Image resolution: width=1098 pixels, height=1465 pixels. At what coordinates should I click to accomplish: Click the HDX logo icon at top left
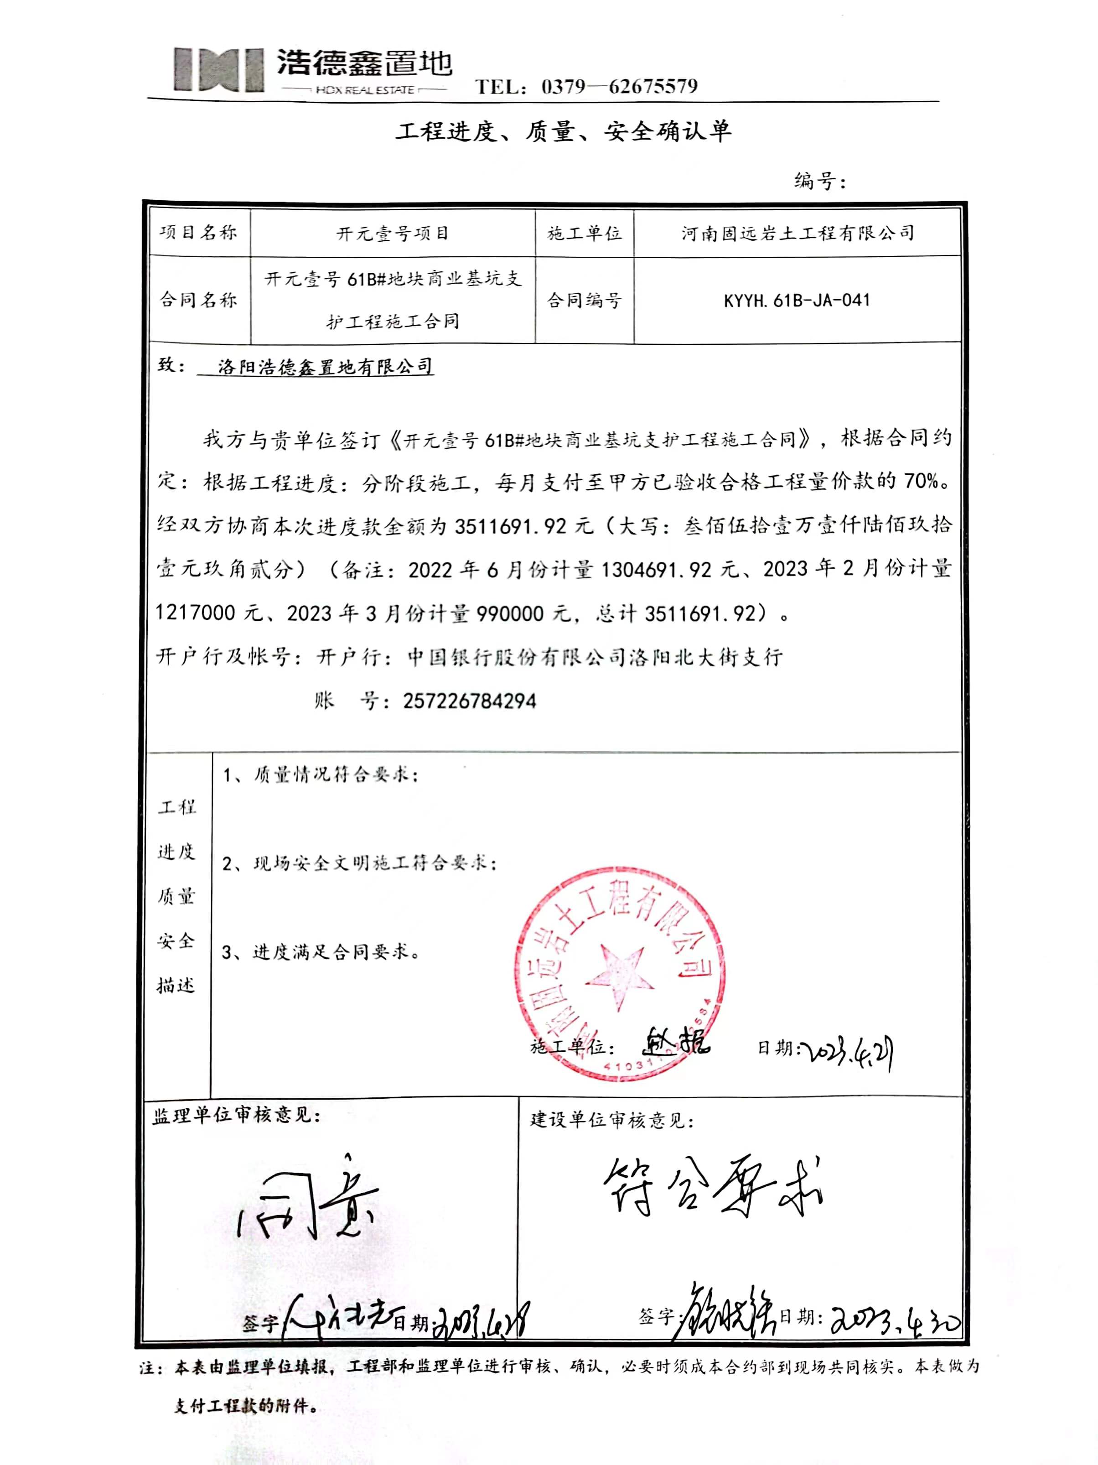[x=218, y=69]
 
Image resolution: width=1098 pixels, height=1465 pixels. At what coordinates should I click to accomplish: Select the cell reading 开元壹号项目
[x=393, y=233]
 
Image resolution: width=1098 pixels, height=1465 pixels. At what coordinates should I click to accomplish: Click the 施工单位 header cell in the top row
[x=584, y=233]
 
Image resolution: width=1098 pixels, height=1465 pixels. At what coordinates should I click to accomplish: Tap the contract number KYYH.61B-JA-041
[x=797, y=301]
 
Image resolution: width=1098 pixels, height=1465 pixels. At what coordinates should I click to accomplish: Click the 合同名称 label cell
[x=199, y=300]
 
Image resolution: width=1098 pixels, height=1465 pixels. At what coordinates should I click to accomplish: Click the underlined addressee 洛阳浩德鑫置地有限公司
[x=325, y=366]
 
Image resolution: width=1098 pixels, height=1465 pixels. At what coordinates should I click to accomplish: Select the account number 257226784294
[x=469, y=701]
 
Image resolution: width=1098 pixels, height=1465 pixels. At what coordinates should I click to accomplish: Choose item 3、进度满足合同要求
[x=321, y=952]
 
